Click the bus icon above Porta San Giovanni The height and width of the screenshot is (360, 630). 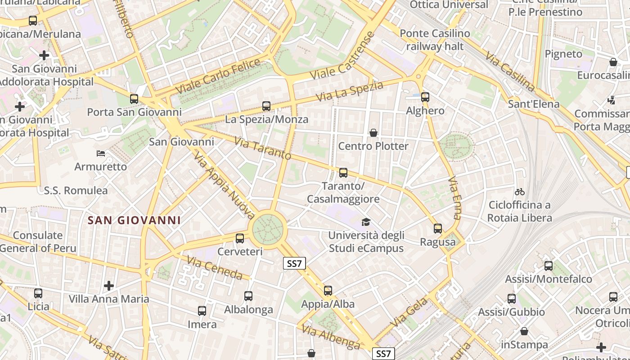coord(134,99)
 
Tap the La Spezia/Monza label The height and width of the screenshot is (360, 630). coord(266,119)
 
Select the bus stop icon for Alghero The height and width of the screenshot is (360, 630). coord(425,97)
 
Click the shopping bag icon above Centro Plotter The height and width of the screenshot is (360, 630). coord(373,133)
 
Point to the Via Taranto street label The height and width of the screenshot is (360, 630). coord(263,149)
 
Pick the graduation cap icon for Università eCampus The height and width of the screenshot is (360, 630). coord(366,222)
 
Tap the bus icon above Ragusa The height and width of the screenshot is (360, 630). coord(438,229)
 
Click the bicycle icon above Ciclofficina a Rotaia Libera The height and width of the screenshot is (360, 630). coord(520,192)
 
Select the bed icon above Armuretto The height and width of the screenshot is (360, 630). coord(101,154)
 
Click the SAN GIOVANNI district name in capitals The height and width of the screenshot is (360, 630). coord(134,220)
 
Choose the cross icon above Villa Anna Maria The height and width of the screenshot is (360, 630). coord(108,286)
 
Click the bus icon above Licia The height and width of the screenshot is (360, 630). coord(38,293)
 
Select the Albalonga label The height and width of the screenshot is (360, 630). coord(248,310)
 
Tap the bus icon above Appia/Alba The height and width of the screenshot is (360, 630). coord(328,291)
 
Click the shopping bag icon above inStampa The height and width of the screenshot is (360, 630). coord(524,332)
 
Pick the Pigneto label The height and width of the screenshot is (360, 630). coord(563,54)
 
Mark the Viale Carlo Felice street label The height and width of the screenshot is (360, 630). coord(218,76)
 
